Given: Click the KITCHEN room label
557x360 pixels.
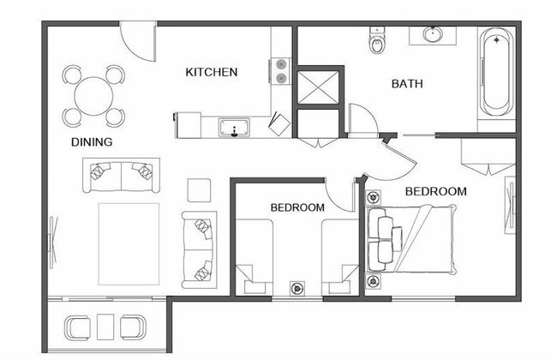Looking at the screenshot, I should point(211,72).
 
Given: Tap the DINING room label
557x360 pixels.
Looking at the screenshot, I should point(92,142).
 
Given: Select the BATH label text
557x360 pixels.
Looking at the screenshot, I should point(408,84).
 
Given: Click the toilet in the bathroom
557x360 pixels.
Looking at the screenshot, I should point(376,39).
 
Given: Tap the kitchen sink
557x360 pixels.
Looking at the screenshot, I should point(233,128).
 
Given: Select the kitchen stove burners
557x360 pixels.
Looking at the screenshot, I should point(280,70).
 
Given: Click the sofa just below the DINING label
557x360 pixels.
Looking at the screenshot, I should point(121,175).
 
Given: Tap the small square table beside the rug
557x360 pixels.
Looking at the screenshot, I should point(200,189).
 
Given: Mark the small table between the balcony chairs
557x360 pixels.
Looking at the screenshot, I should point(105,326).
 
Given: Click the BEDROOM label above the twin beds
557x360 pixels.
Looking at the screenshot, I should point(297,207).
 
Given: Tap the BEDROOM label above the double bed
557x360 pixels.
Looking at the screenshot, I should point(435,191).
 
